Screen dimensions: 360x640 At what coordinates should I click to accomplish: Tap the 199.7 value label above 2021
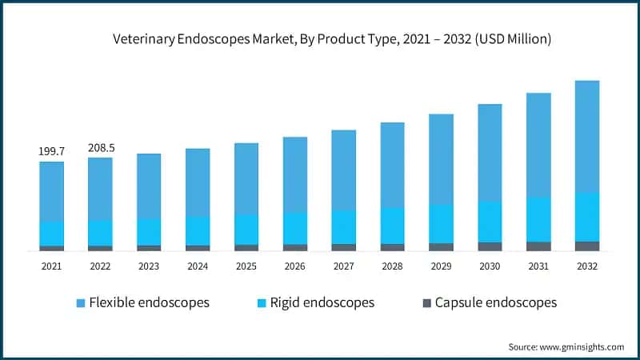(52, 151)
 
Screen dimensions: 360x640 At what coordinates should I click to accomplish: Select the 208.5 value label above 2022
(100, 147)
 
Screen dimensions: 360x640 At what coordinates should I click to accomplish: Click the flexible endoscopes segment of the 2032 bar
(587, 136)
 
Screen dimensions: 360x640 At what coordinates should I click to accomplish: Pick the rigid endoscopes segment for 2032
(587, 217)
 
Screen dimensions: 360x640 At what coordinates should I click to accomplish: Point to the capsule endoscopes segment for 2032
(587, 246)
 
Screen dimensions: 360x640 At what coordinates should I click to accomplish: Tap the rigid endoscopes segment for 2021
(52, 234)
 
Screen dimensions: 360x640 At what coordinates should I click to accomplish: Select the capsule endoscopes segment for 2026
(295, 247)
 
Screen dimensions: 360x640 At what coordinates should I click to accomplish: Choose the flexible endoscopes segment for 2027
(344, 170)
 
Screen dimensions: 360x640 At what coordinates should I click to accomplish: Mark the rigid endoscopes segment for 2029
(441, 223)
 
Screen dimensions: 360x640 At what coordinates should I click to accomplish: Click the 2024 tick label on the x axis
(198, 266)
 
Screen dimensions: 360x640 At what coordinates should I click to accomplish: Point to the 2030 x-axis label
(490, 266)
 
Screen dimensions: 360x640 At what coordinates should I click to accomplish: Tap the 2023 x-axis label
(149, 266)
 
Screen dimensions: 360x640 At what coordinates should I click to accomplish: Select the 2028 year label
(392, 266)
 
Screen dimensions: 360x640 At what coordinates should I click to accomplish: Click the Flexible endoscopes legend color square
(80, 303)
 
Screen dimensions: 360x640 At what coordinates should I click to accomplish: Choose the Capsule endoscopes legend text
(495, 302)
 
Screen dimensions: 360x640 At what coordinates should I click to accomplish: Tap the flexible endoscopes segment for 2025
(246, 178)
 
